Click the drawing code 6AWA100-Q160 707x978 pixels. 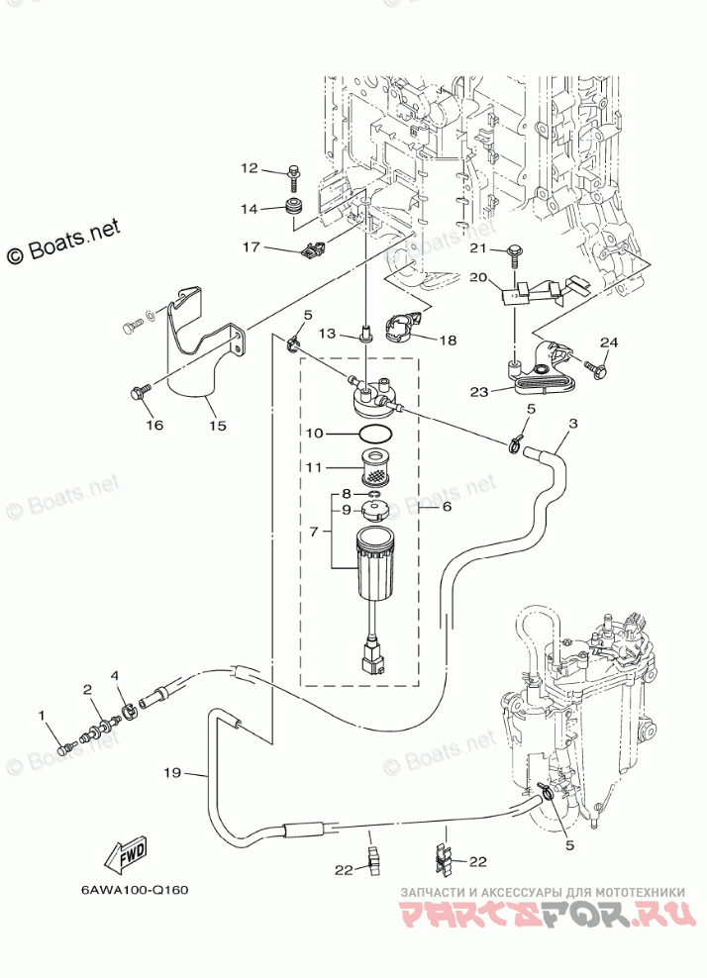tap(134, 890)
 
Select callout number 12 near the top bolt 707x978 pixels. tap(249, 167)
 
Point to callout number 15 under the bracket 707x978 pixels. tap(218, 426)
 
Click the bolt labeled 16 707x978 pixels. tap(140, 393)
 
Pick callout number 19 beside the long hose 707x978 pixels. tap(172, 773)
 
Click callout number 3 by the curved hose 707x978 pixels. tap(573, 424)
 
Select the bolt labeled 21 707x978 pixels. tap(516, 254)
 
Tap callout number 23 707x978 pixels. tap(478, 392)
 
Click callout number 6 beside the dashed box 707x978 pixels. tap(447, 507)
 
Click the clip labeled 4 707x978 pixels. tap(128, 711)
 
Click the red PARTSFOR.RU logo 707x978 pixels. tap(549, 915)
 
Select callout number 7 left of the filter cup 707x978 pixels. tap(315, 532)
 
